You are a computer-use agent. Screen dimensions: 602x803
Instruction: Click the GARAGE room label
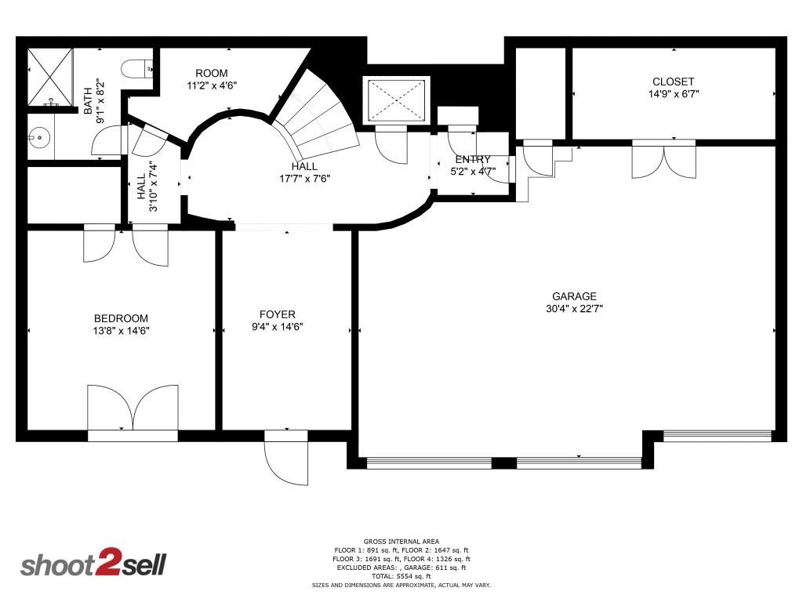[574, 296]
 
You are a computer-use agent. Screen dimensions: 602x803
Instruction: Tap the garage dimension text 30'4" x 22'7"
[574, 309]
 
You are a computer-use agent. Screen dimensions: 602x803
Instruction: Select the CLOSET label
[673, 82]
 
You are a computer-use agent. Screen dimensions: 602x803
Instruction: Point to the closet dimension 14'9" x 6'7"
[673, 94]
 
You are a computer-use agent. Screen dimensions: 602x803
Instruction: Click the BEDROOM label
[121, 318]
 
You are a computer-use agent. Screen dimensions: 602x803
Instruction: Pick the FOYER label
[278, 314]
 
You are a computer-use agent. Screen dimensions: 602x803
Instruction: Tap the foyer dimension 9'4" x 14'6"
[278, 327]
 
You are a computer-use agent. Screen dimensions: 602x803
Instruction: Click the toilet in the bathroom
[144, 68]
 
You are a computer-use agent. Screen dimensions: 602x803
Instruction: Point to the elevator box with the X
[395, 100]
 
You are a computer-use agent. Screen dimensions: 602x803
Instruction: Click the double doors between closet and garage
[663, 158]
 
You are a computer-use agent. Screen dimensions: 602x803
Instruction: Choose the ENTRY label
[472, 159]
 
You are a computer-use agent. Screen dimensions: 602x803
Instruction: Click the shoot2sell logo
[93, 564]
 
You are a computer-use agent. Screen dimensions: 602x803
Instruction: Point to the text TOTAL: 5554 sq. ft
[401, 576]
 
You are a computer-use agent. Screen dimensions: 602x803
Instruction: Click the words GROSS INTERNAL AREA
[401, 541]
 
